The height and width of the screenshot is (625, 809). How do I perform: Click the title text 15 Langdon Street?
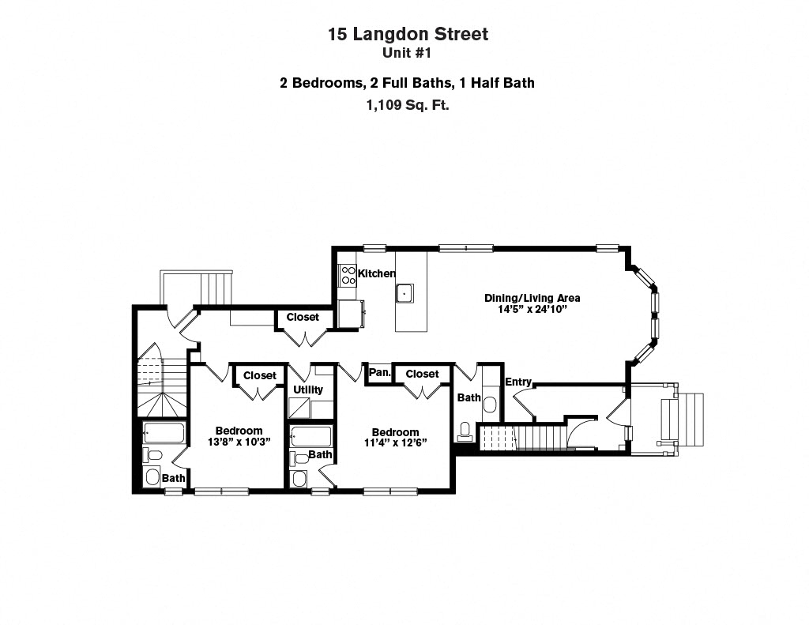[408, 34]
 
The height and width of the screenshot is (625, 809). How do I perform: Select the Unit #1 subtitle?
[408, 54]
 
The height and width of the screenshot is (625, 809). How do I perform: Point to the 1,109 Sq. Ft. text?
[408, 104]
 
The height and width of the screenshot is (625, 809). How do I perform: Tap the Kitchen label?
[377, 273]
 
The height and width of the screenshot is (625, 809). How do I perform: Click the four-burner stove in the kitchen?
[348, 274]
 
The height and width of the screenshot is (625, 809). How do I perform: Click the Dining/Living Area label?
[532, 298]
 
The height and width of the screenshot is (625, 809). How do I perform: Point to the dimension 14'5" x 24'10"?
[532, 310]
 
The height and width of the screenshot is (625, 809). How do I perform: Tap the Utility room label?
[308, 390]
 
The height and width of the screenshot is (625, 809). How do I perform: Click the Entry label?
[518, 382]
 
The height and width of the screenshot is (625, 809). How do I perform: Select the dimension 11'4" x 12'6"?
[395, 443]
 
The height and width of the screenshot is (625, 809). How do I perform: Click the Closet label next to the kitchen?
[303, 317]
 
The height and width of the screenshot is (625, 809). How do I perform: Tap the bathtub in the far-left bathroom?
[164, 433]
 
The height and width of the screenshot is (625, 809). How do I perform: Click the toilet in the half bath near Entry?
[466, 431]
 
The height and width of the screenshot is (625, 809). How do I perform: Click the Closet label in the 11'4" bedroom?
[422, 374]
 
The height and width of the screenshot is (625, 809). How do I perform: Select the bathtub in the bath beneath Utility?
[310, 436]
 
